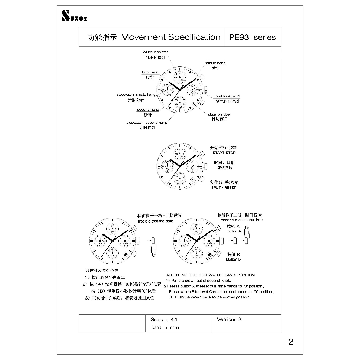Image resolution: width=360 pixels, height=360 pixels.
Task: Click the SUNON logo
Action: point(74,16)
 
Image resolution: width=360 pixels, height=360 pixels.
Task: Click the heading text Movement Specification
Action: point(171,37)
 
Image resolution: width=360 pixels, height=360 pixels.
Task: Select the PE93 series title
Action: point(252,37)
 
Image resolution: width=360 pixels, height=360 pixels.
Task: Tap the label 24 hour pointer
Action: point(155,52)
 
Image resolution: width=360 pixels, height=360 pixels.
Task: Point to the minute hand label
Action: point(215,63)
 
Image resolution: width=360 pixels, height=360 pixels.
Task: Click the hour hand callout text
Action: point(150,72)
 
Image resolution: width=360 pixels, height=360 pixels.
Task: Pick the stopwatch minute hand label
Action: point(136,95)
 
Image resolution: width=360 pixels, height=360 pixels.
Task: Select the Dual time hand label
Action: point(227,96)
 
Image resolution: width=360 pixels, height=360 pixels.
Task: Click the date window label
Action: point(219,114)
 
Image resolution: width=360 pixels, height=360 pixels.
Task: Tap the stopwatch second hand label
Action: point(147,123)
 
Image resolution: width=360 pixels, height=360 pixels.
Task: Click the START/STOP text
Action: point(224,153)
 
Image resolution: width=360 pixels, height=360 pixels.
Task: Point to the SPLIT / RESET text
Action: point(223,188)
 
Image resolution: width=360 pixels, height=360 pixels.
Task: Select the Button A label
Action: point(234,231)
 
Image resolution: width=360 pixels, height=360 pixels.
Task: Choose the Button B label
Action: point(233,259)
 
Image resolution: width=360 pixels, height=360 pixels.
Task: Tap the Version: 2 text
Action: point(229,320)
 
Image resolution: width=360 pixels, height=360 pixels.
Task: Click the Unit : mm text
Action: point(165,328)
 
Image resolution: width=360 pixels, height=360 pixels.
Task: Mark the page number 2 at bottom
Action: point(291,342)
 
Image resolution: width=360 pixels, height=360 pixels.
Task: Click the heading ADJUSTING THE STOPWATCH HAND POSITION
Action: point(210,275)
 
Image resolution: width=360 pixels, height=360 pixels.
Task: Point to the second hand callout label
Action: point(148,110)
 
